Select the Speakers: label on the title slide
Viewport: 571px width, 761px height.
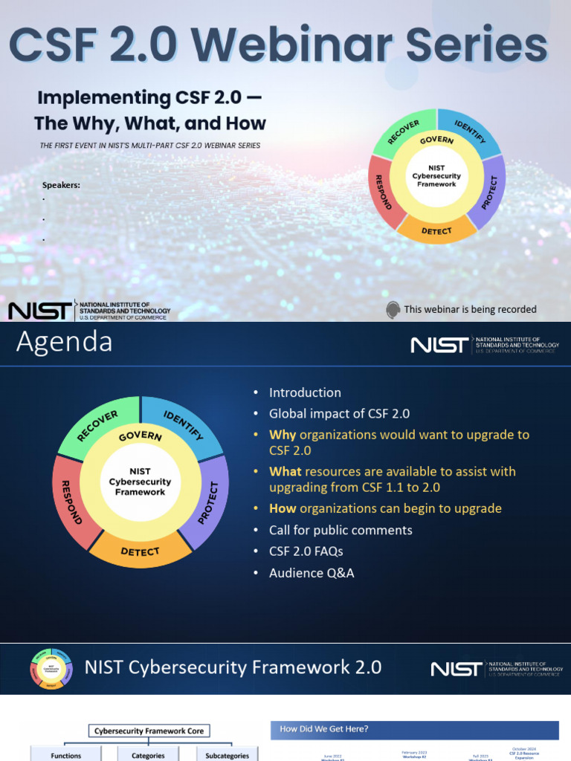tap(61, 185)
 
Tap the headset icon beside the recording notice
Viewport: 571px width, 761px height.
tap(393, 310)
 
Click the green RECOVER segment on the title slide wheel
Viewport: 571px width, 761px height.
tap(402, 133)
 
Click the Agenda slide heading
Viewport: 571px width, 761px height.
tap(65, 343)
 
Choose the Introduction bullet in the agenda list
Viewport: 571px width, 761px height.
tap(305, 392)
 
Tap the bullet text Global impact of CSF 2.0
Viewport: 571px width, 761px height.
tap(339, 414)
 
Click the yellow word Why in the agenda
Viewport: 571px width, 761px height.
tap(283, 435)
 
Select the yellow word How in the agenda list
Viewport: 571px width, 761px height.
tap(283, 508)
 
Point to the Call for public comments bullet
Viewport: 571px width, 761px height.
tap(341, 530)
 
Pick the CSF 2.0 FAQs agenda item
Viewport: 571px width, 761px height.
tap(306, 551)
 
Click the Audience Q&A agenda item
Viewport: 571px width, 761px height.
tap(312, 573)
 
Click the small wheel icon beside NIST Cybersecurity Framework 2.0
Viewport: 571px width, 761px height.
tap(51, 667)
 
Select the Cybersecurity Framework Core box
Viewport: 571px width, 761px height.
tap(149, 731)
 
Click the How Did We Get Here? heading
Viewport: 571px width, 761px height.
tap(324, 729)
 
